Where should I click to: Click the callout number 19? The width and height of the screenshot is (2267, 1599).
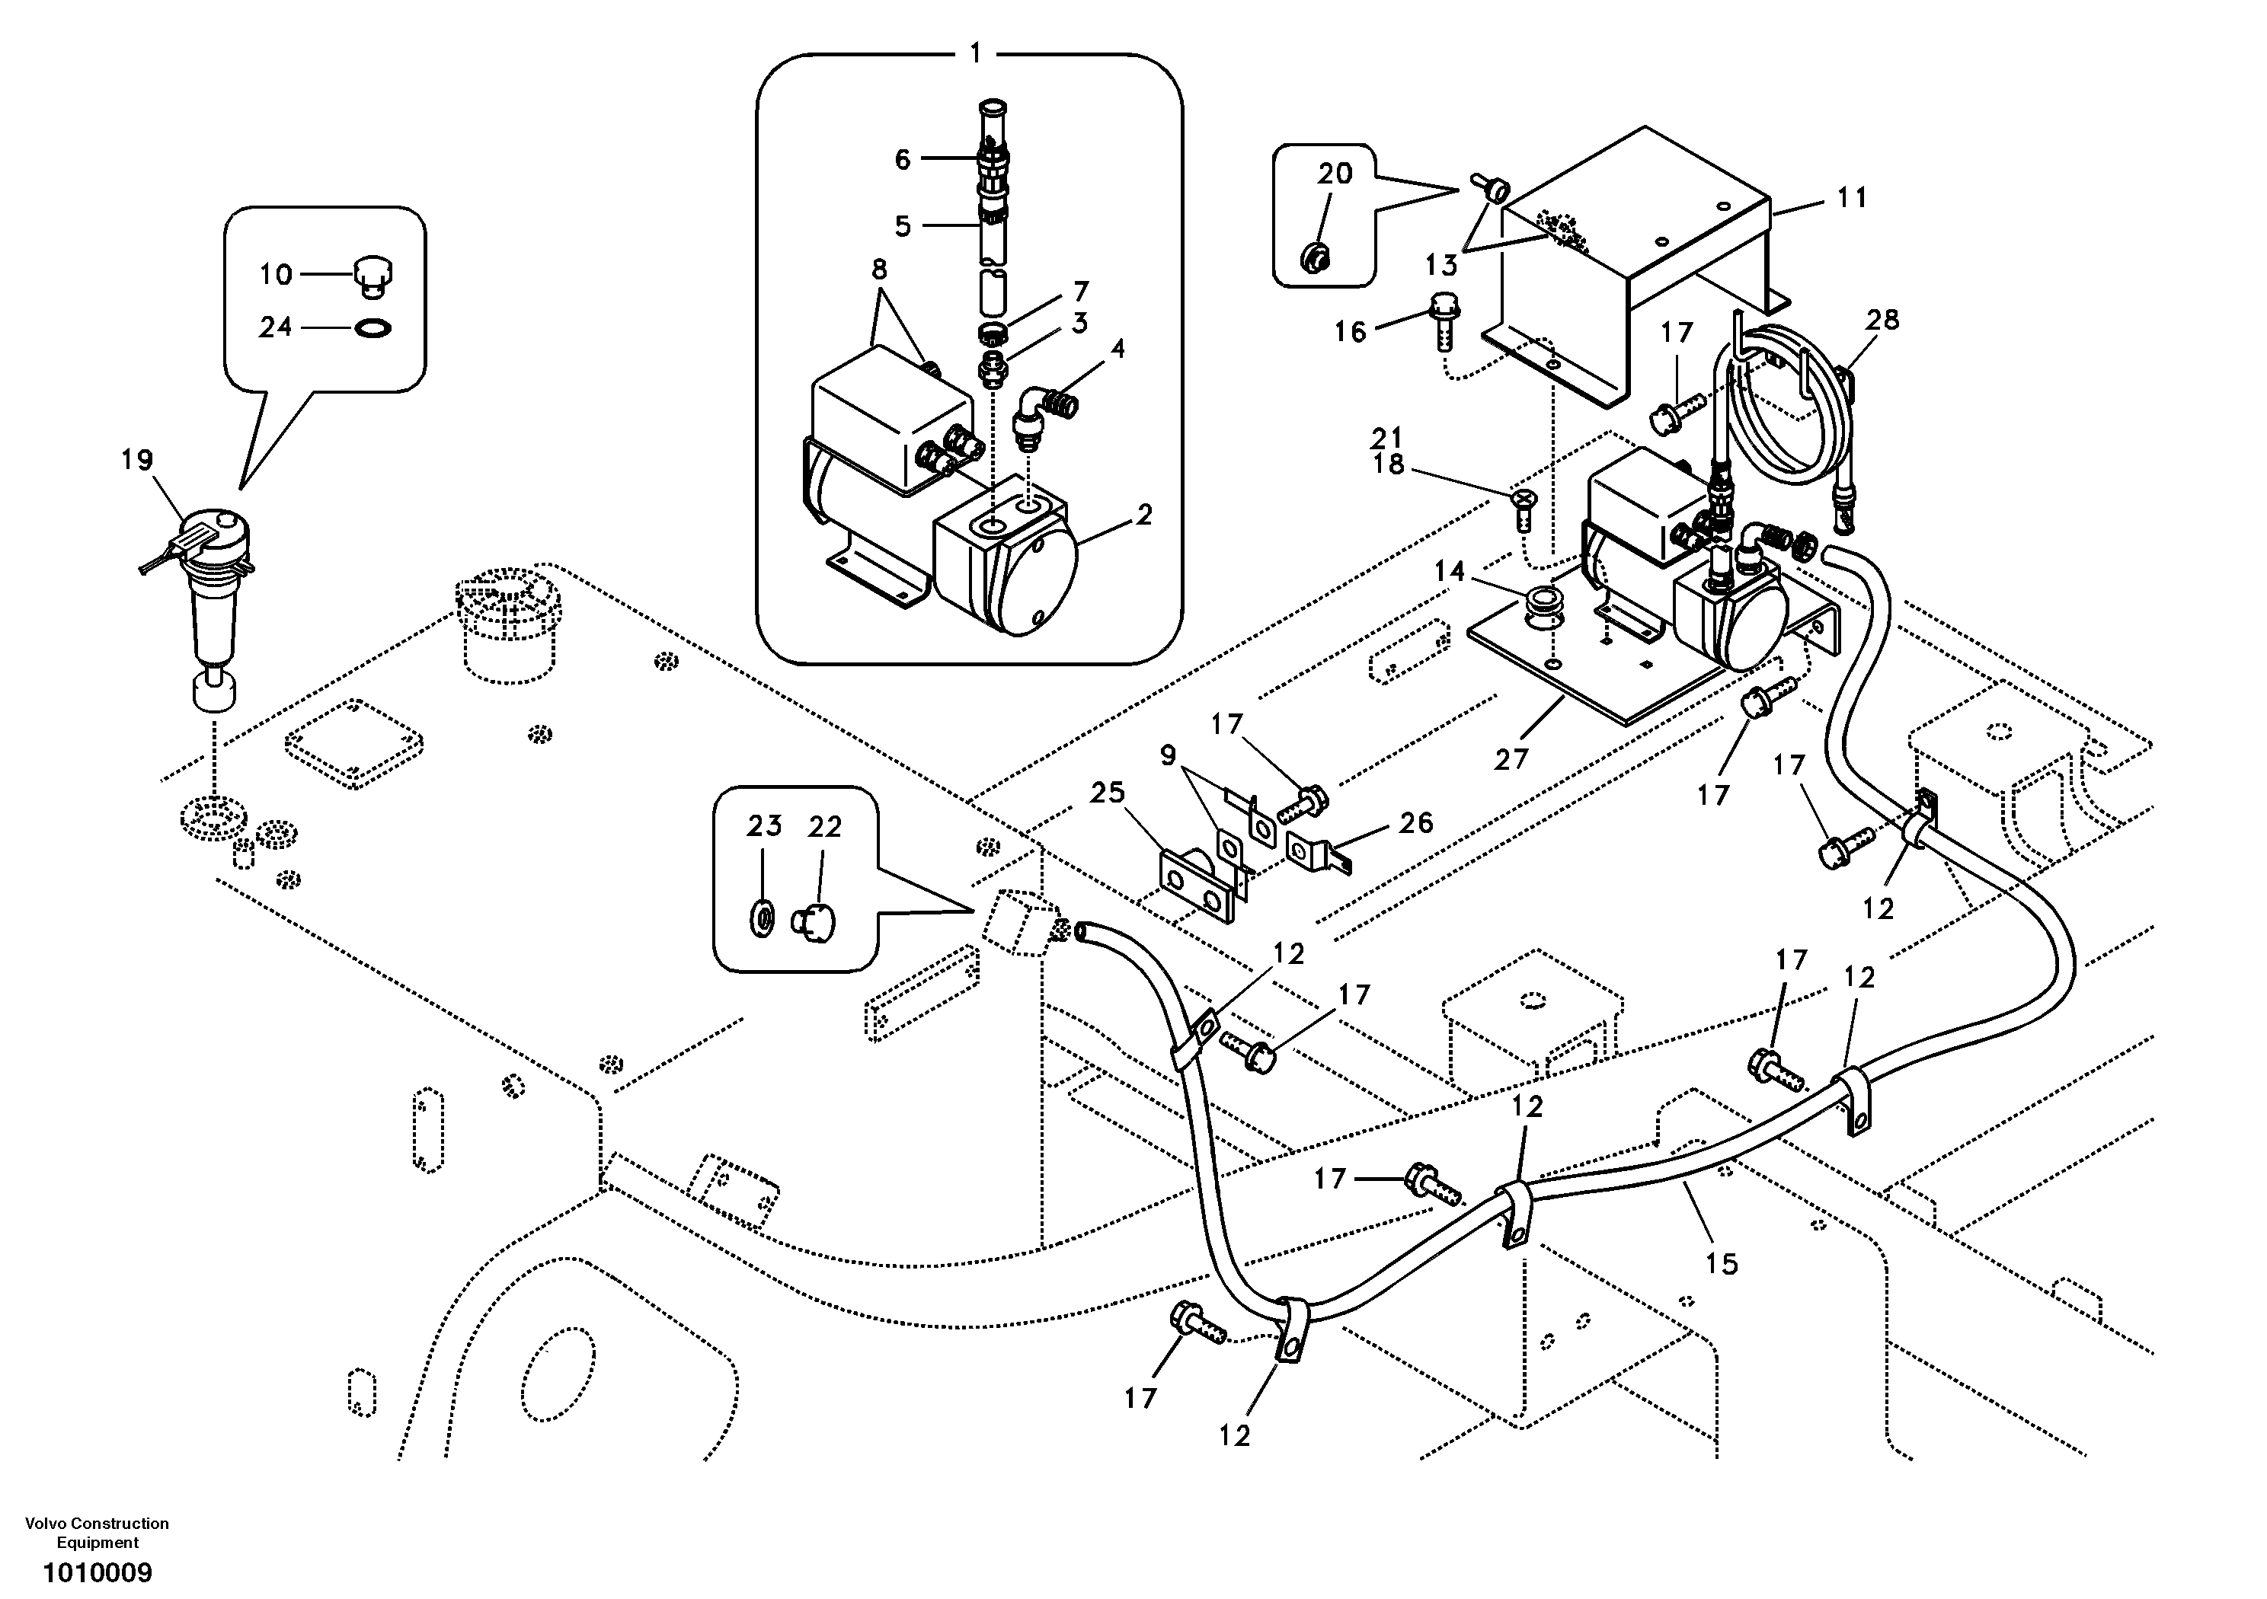[x=137, y=460]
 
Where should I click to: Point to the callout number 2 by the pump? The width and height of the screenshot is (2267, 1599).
[x=1143, y=515]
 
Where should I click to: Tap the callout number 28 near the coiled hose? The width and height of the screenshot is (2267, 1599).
[x=1883, y=320]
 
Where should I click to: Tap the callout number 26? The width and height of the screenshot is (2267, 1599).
[x=1416, y=822]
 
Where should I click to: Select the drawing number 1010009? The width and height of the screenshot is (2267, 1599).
[x=97, y=1572]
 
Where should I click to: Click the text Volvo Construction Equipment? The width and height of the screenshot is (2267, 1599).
[x=97, y=1532]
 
